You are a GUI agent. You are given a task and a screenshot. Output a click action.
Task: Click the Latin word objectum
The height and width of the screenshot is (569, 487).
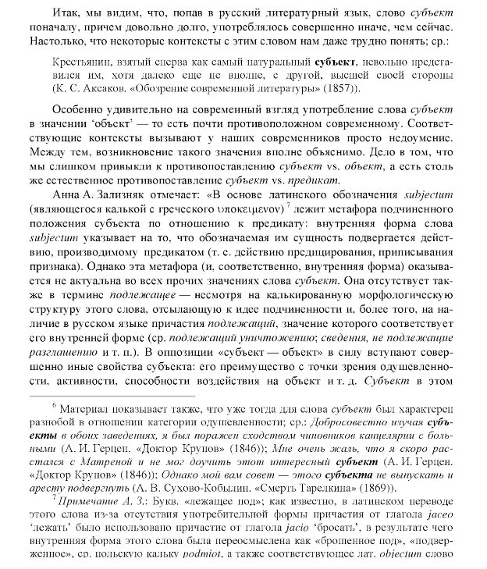[428, 567]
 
